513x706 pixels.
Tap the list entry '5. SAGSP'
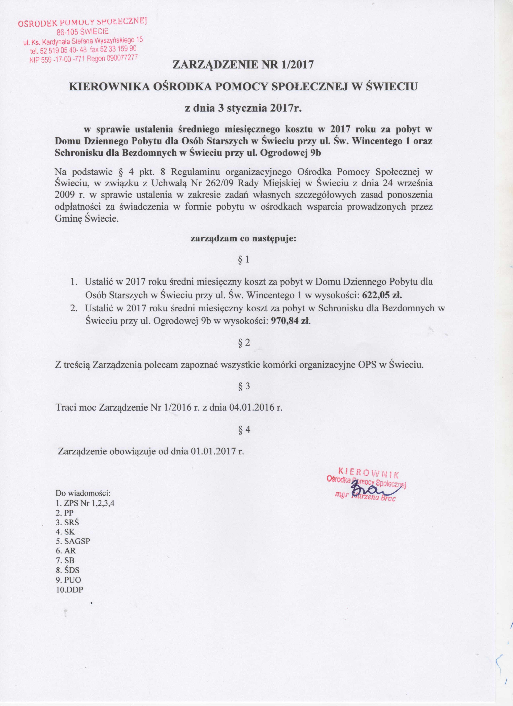pos(73,541)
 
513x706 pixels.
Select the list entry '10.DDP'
pos(70,589)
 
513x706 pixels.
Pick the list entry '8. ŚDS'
pos(68,570)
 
